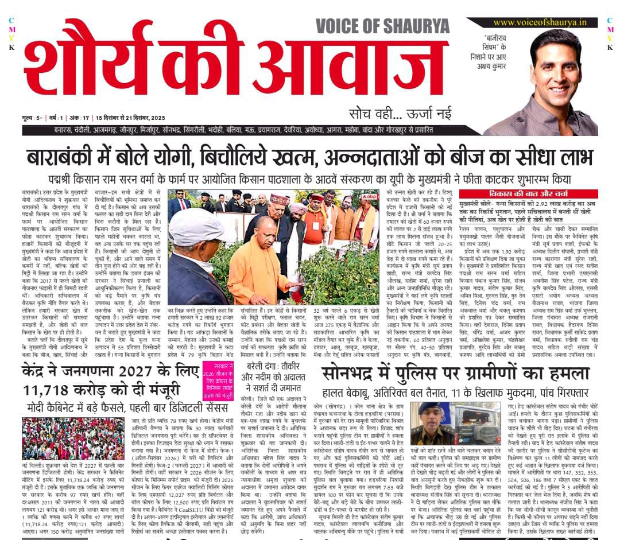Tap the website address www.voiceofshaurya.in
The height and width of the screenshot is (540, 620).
point(540,22)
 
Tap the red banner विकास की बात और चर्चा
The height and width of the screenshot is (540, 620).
point(528,194)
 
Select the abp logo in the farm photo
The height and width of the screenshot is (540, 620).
point(369,196)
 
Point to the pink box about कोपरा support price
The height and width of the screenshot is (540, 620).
point(218,381)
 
